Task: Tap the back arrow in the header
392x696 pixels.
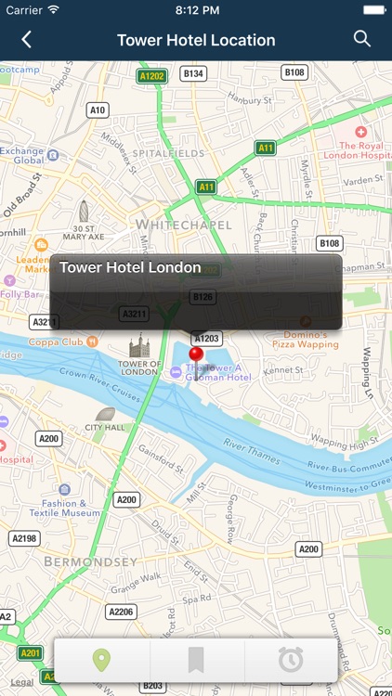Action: point(26,39)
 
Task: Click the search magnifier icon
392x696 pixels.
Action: point(362,39)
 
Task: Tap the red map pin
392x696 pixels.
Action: point(196,356)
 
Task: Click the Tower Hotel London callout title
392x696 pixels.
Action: point(130,267)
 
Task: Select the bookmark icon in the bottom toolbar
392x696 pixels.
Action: point(196,660)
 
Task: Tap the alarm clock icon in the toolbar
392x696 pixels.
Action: point(291,660)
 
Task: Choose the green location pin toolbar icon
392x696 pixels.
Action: point(101,660)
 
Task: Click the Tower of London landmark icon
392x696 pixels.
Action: point(139,346)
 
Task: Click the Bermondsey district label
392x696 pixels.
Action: point(91,561)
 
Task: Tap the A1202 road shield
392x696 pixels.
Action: point(150,75)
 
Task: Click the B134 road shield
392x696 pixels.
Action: point(193,72)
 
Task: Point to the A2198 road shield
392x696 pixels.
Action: point(24,538)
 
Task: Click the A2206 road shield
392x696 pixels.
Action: point(121,612)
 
